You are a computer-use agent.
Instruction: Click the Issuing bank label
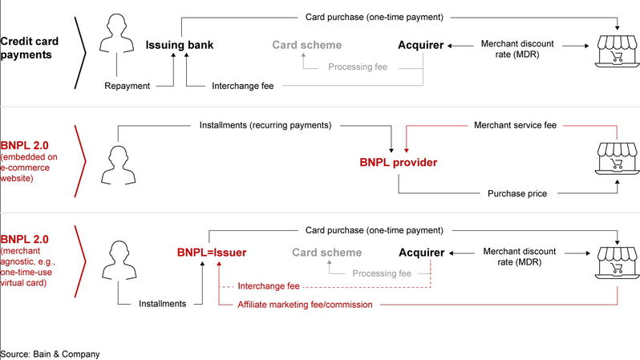177,45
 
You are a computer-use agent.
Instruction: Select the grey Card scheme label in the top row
306,45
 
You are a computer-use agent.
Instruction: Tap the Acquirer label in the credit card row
420,45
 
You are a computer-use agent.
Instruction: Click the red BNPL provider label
398,163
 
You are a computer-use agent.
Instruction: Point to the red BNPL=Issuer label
212,253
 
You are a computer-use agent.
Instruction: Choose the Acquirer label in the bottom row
421,253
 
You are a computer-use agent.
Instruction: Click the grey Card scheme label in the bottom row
327,253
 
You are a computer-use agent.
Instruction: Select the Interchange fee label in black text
245,85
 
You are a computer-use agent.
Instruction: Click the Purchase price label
516,193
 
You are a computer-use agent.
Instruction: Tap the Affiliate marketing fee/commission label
308,304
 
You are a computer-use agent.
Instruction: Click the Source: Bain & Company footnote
50,353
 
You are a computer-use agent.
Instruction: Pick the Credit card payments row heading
28,47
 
